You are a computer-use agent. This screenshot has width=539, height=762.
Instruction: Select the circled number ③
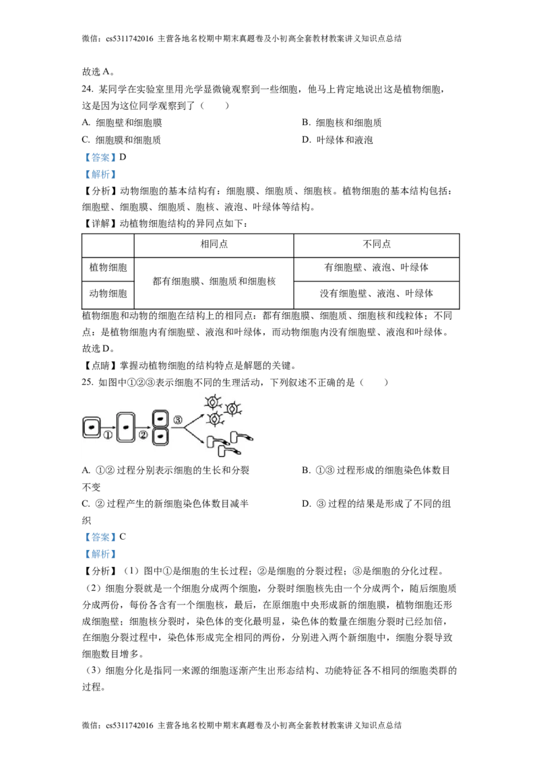coord(178,421)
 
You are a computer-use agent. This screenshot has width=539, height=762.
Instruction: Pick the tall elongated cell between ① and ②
coord(125,427)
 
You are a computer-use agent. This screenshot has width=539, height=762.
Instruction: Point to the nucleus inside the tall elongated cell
coord(125,426)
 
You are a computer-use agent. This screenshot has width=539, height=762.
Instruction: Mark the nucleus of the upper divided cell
coord(159,417)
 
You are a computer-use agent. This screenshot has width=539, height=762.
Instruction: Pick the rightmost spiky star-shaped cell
coord(232,408)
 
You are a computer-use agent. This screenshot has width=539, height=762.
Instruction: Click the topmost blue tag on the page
coord(100,158)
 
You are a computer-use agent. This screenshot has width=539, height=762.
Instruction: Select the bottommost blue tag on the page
coord(100,555)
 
